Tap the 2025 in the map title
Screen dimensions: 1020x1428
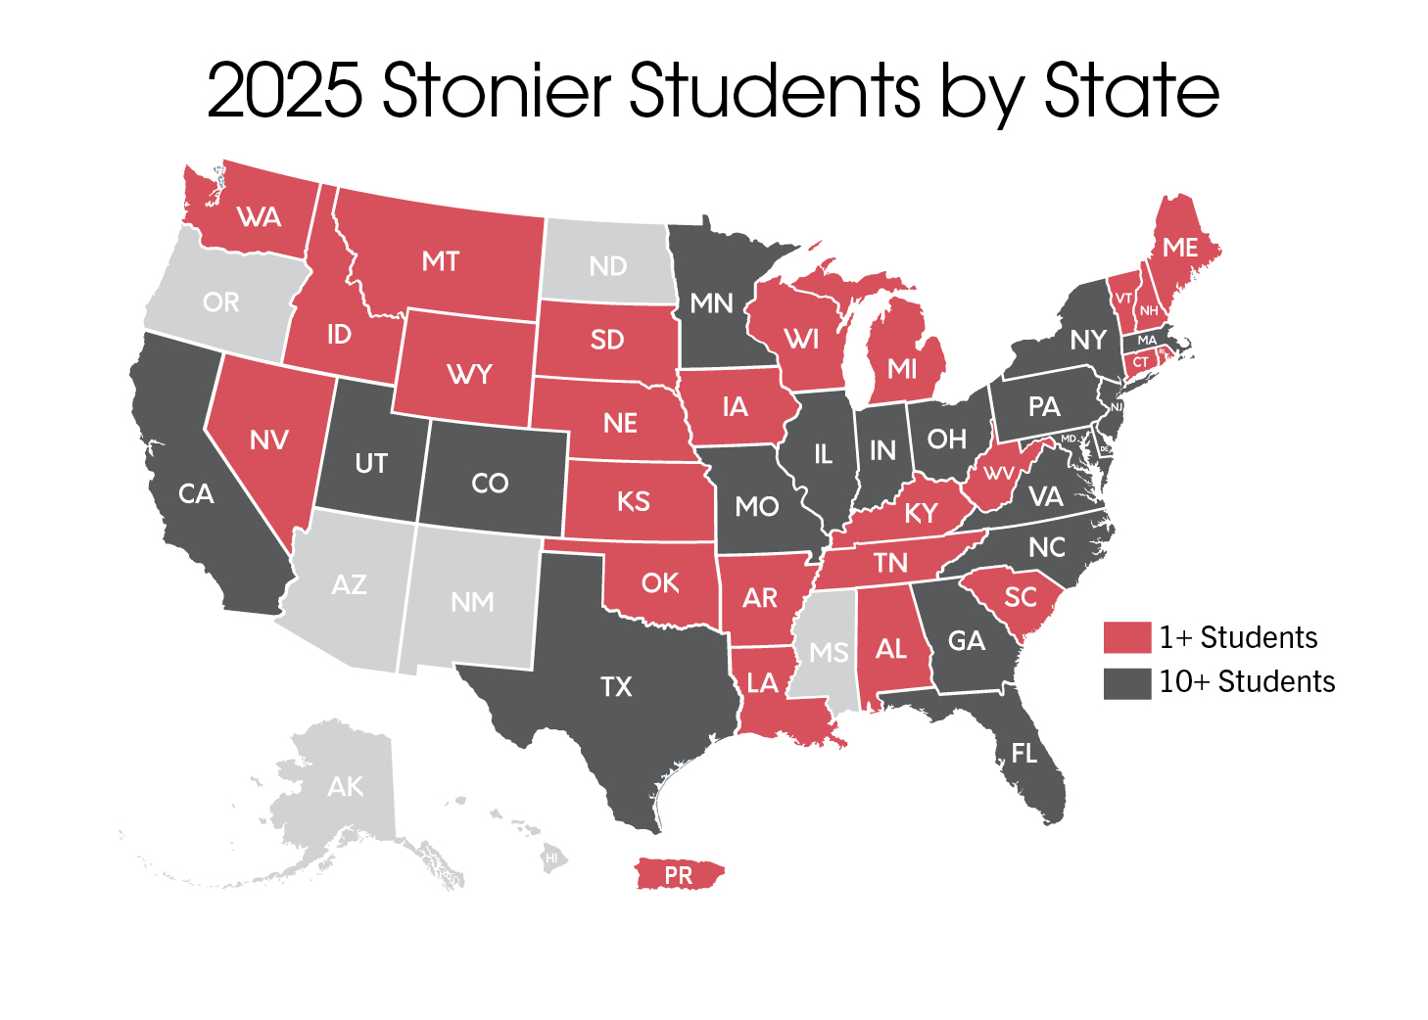[284, 90]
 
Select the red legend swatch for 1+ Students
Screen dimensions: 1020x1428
[1126, 637]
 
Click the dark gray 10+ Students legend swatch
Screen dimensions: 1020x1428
[1126, 682]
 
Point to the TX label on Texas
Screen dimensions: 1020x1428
[616, 687]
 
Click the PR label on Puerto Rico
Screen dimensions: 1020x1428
[678, 875]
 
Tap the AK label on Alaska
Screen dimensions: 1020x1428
[345, 786]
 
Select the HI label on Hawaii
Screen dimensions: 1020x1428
[552, 858]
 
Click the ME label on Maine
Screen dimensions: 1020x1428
[1180, 248]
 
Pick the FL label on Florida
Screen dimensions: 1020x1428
[1023, 753]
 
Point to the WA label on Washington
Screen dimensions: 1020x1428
[260, 217]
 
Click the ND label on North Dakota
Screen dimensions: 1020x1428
[607, 265]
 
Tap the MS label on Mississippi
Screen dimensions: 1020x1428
[829, 653]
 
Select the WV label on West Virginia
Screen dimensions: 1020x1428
[999, 474]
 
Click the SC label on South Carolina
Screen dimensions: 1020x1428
[1021, 597]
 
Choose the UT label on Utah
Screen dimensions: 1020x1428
[371, 463]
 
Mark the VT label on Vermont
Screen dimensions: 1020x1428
[1124, 299]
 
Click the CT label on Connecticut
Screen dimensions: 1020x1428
[1141, 362]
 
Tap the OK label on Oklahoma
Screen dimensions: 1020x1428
[660, 583]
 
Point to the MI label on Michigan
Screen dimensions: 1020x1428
[902, 369]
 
